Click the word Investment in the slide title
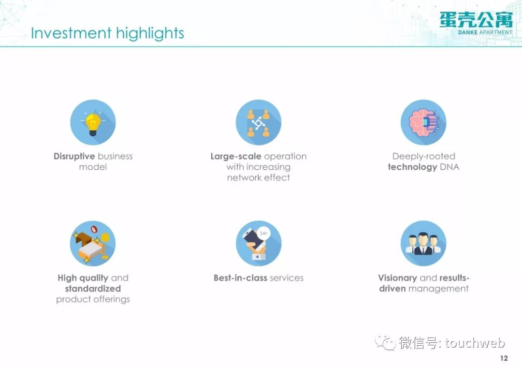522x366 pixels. [71, 33]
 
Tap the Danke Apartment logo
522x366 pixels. [476, 23]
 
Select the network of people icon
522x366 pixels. [258, 122]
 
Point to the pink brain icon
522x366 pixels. [423, 122]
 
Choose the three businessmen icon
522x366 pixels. [423, 244]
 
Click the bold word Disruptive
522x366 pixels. [74, 157]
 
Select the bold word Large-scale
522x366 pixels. [236, 157]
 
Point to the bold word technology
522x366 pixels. [412, 167]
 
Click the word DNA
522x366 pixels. [449, 167]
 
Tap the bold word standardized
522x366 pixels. [93, 289]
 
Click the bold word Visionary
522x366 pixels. [397, 278]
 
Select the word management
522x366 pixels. [438, 289]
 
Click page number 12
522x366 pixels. [504, 358]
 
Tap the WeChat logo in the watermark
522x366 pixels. [385, 342]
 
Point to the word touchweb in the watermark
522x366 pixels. [475, 343]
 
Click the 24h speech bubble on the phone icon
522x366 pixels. [263, 234]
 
